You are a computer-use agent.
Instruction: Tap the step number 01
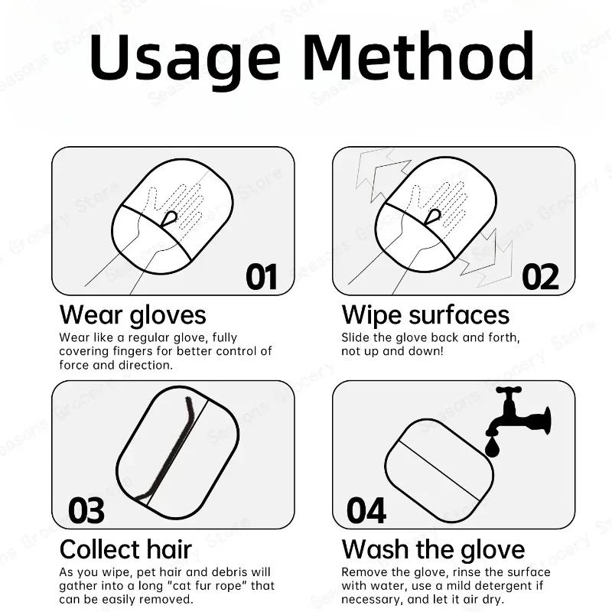click(x=262, y=276)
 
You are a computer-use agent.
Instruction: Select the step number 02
click(x=541, y=276)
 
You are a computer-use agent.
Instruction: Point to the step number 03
click(x=86, y=510)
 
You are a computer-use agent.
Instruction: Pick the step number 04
click(x=366, y=510)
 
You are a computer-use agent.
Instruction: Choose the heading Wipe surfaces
click(x=425, y=314)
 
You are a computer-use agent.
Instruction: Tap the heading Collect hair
click(x=125, y=549)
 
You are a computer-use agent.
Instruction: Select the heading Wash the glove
click(x=433, y=549)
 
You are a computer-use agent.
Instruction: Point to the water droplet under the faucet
click(x=492, y=445)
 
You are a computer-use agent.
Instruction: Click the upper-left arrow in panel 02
click(x=379, y=173)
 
